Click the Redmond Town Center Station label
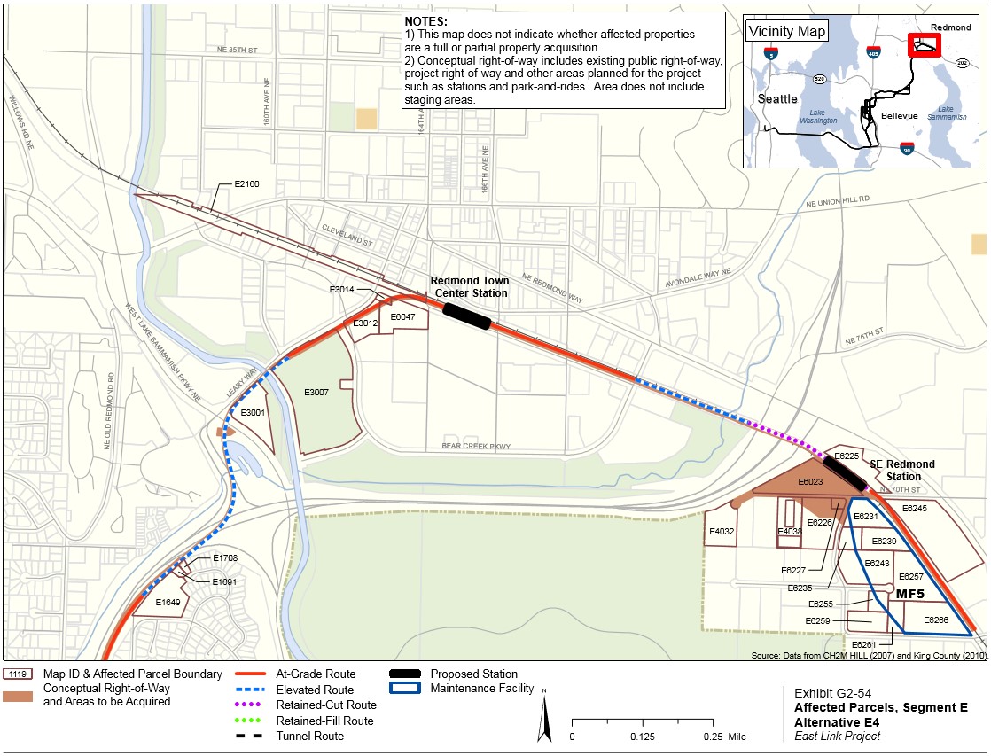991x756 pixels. [469, 286]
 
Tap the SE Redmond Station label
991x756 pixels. [901, 471]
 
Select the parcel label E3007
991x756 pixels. [316, 391]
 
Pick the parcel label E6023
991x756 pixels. [810, 481]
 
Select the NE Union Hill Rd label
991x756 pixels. [838, 201]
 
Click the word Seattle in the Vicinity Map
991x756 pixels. [777, 98]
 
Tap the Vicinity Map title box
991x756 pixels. [787, 32]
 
